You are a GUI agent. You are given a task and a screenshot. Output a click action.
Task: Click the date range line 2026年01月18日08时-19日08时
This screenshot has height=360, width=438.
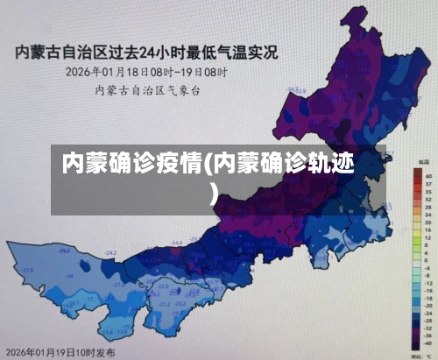146,72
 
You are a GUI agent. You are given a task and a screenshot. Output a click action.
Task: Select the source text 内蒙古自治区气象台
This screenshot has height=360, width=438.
147,89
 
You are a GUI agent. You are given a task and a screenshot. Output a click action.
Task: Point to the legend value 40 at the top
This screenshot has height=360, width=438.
428,175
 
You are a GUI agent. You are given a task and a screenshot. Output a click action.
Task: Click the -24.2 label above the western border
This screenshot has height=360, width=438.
111,253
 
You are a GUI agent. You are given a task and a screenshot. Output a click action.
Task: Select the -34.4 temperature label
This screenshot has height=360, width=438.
176,242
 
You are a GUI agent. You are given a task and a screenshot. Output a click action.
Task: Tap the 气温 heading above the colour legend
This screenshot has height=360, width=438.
424,163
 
